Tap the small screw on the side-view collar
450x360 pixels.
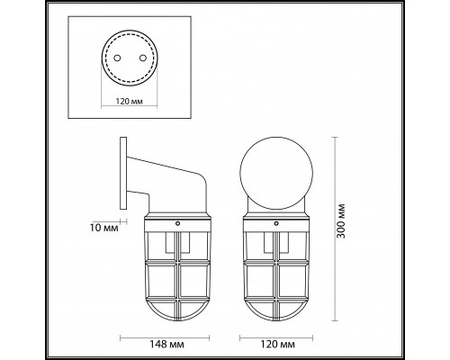tap(178, 222)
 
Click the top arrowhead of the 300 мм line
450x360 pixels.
tap(336, 139)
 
